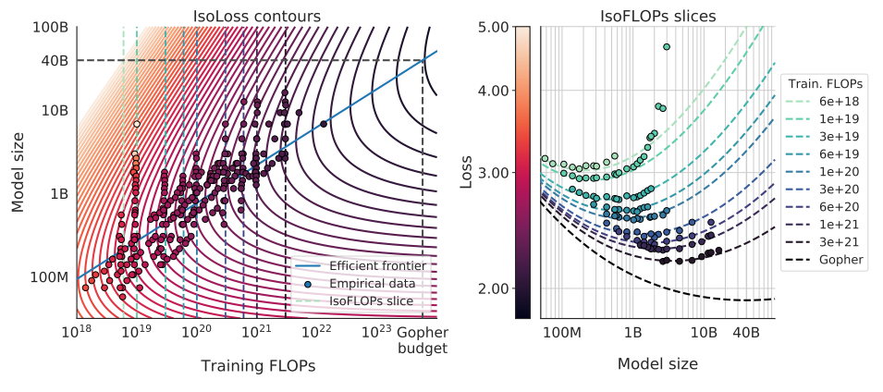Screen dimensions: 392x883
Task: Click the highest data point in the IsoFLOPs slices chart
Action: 667,46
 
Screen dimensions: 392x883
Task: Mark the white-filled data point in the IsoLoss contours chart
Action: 137,124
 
